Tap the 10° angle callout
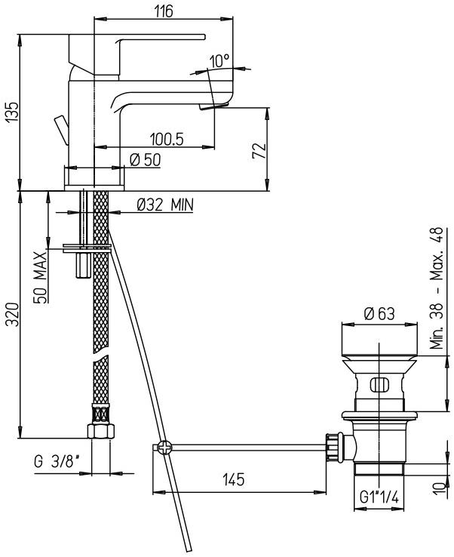coord(220,61)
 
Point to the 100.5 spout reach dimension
coord(168,139)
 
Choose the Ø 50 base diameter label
coord(144,159)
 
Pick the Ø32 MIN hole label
coord(165,204)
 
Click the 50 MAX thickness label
coord(40,277)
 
